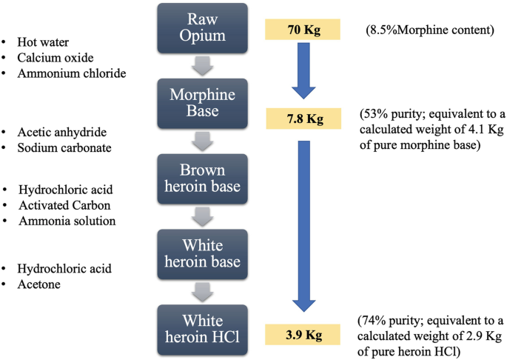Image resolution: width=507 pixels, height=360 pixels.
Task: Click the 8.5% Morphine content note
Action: (423, 30)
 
